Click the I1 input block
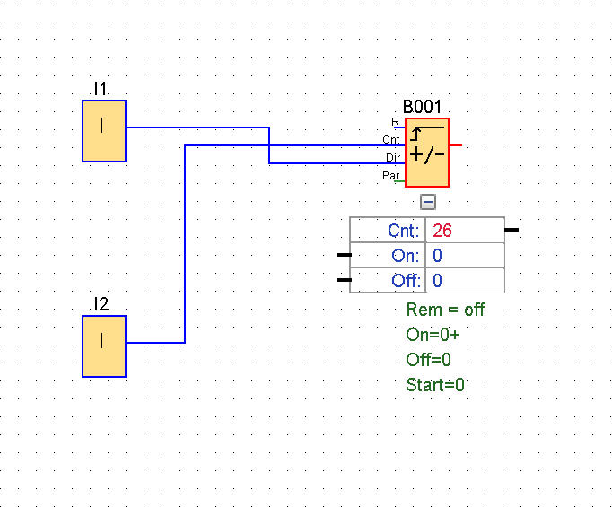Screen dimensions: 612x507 coord(104,131)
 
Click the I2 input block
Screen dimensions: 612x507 coord(104,346)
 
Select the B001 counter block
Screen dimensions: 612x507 coord(427,153)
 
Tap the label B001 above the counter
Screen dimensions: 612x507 coord(422,107)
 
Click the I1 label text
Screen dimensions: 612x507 coord(101,89)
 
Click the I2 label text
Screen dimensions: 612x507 coord(101,304)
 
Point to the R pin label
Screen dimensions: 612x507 coord(395,122)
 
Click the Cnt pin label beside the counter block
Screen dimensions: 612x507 coord(391,140)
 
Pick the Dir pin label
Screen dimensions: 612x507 coord(393,158)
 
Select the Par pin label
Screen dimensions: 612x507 coord(390,176)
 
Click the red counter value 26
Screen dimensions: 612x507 coord(442,231)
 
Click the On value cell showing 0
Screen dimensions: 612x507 coord(465,256)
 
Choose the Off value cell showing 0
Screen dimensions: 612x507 coord(465,281)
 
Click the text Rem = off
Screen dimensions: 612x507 coord(445,310)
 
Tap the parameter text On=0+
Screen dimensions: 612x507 coord(433,335)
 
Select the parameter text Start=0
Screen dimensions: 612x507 coord(435,385)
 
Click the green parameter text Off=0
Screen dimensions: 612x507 coord(429,360)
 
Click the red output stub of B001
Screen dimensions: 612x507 coord(456,145)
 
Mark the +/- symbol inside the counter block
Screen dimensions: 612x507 coord(427,155)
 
